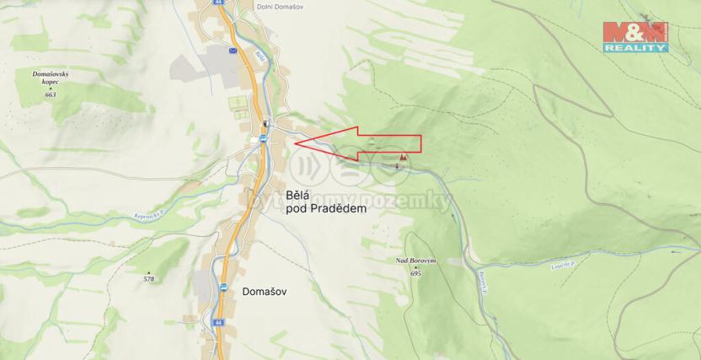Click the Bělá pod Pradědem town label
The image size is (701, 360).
pos(326,201)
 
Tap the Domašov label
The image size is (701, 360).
pos(265,291)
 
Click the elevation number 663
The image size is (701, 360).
pos(51,95)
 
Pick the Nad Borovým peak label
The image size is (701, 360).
pos(415,261)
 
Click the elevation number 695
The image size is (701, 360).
pos(415,273)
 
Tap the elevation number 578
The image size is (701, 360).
pos(149,278)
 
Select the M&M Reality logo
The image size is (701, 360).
pos(635,36)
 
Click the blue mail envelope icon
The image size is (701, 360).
pos(233,51)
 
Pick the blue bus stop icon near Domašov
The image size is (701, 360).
pos(224,287)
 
